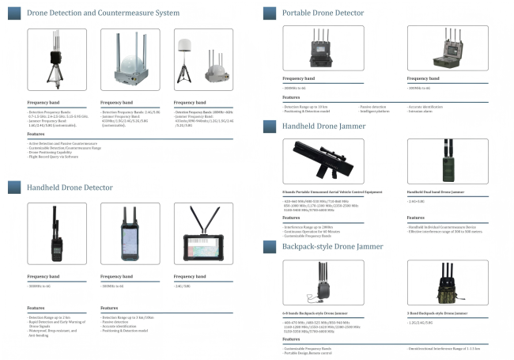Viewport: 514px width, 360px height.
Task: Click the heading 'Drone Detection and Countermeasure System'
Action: (103, 13)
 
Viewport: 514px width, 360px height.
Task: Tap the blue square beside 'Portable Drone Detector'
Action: (269, 13)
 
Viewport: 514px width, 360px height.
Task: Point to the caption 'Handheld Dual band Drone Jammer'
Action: (436, 192)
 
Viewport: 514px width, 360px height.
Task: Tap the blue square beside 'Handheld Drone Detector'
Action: (13, 187)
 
